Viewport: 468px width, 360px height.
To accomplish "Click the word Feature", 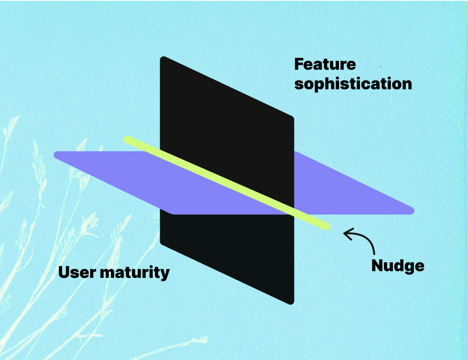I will (325, 64).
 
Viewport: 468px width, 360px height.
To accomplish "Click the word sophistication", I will (353, 84).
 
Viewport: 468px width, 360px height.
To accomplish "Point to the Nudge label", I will (398, 266).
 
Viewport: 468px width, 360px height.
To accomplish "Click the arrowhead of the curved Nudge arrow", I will (345, 234).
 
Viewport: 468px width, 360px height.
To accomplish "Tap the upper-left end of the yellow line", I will (127, 139).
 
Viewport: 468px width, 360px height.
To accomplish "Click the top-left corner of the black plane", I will (163, 58).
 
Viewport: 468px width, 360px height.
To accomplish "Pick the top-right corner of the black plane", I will (292, 118).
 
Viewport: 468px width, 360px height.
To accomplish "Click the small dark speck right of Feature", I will (380, 64).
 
